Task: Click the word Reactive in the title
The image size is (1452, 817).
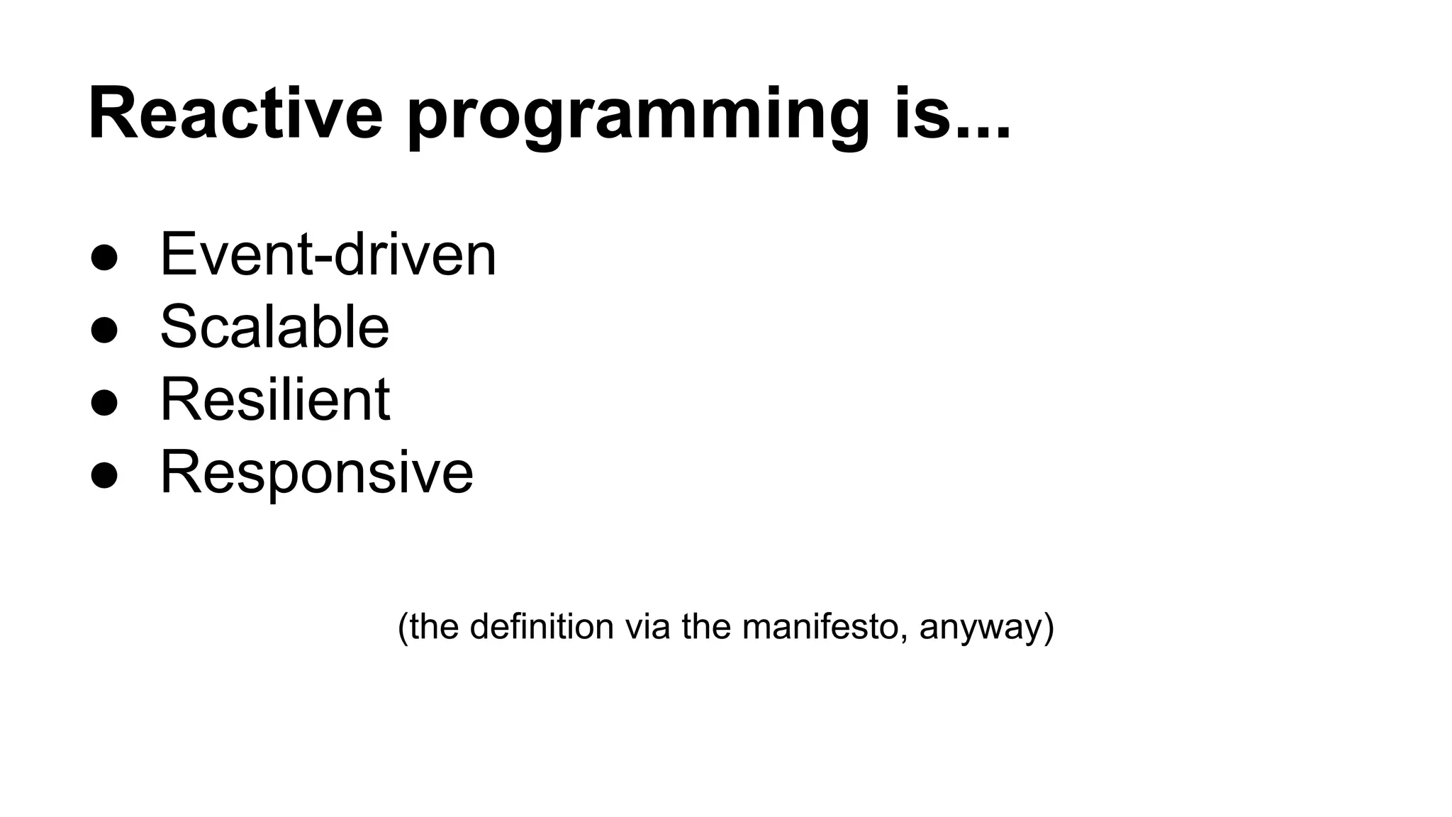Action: (x=235, y=113)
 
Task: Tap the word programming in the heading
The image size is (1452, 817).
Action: (x=637, y=117)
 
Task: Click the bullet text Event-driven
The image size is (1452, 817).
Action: (x=328, y=255)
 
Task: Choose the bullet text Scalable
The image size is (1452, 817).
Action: (x=274, y=327)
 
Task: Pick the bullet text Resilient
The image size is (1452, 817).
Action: (x=274, y=399)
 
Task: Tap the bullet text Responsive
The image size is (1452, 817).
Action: (x=316, y=472)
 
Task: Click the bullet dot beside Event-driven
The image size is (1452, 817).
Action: (x=104, y=258)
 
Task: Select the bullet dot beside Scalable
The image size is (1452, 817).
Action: (x=104, y=330)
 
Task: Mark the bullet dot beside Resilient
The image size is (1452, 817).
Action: (x=104, y=403)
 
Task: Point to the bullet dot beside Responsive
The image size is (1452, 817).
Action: (x=104, y=476)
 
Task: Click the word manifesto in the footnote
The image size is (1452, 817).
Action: (x=820, y=627)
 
